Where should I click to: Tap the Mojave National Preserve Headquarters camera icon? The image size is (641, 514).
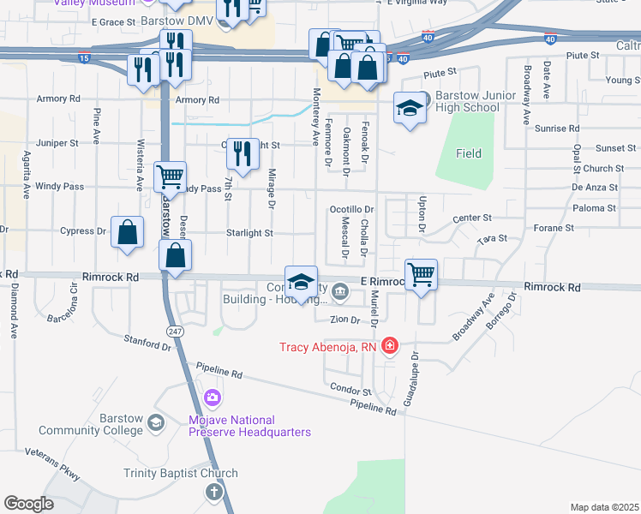[213, 398]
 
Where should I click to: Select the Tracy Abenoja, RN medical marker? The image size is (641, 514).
[390, 346]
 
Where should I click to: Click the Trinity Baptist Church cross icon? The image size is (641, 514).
[213, 492]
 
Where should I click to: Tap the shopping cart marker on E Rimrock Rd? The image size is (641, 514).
[421, 275]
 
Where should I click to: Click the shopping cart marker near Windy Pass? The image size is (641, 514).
[170, 177]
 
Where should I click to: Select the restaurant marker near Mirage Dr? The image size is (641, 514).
[243, 154]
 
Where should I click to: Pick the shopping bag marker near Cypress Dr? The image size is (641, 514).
[127, 232]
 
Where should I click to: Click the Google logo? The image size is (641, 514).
[28, 504]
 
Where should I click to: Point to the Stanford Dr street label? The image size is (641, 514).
[147, 344]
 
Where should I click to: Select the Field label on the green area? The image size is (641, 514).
[469, 153]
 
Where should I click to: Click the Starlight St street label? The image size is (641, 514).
[249, 232]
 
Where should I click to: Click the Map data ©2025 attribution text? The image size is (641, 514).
[604, 507]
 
